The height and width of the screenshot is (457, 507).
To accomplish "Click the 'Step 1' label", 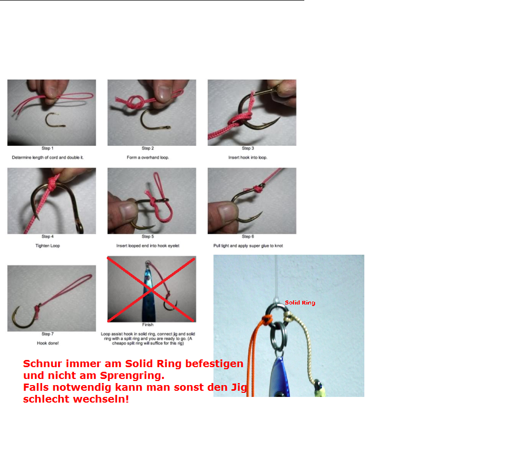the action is (48, 148).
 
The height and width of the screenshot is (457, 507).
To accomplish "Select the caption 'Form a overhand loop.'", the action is (148, 158).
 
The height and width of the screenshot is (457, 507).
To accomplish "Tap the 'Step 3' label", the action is (248, 148).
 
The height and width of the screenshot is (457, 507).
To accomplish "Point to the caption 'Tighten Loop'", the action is (48, 245).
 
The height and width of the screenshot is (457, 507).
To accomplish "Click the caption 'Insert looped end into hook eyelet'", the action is (148, 245).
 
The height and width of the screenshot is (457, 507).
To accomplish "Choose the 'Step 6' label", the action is (248, 237).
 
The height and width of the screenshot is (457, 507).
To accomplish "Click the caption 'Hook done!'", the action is (48, 343).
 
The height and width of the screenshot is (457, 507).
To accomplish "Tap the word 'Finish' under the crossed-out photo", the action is (148, 325).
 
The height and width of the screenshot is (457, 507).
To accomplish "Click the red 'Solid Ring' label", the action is (300, 302).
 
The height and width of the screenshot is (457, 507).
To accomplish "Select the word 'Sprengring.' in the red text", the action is (132, 375).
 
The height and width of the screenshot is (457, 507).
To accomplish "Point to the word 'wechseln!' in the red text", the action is (101, 399).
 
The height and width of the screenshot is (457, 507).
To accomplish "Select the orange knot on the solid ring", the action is (267, 320).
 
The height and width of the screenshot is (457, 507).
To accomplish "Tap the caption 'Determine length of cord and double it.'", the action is (48, 158).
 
